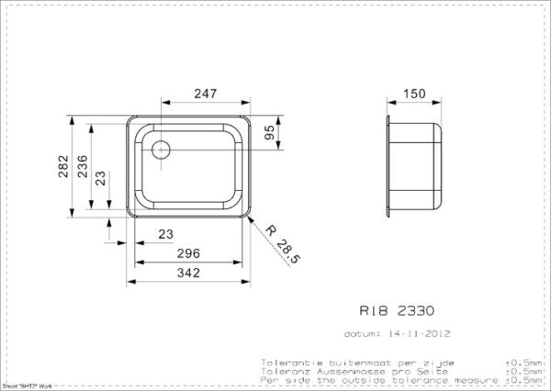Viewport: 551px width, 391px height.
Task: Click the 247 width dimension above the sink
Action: tap(204, 93)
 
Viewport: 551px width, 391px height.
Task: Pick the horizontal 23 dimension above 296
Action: tap(165, 235)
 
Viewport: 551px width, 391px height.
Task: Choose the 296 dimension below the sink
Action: tap(190, 253)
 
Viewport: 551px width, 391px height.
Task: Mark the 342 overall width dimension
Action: tap(190, 271)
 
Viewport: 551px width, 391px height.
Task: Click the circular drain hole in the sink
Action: tap(160, 150)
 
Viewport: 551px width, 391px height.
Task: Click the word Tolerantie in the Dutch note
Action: tap(287, 362)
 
